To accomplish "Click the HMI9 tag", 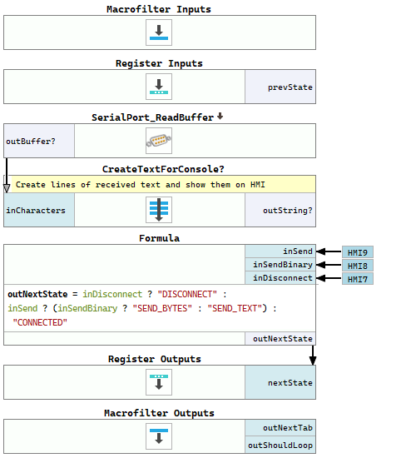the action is tap(358, 252).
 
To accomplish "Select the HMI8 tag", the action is tap(358, 266).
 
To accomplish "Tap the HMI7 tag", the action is tap(358, 279).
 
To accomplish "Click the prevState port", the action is tap(280, 87).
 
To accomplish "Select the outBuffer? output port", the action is tap(39, 141).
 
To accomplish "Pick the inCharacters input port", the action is tap(39, 210).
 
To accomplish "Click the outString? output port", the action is tap(280, 210).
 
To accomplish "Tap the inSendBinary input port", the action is tap(280, 265).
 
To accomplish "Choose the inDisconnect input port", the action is tap(280, 278).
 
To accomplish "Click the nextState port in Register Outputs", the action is tap(280, 382).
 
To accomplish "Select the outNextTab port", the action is tap(280, 428).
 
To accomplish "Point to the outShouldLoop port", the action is tap(280, 445).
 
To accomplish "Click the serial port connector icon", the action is tap(159, 141).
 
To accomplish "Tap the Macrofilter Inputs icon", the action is tap(159, 32).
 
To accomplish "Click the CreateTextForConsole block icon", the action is tap(159, 210).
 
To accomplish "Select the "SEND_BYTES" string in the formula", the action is tap(162, 308).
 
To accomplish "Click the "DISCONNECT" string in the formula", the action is tap(187, 294).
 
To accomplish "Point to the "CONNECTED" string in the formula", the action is tap(40, 322).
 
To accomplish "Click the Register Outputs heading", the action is tap(155, 359).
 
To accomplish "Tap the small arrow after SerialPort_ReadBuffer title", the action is tap(220, 117).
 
